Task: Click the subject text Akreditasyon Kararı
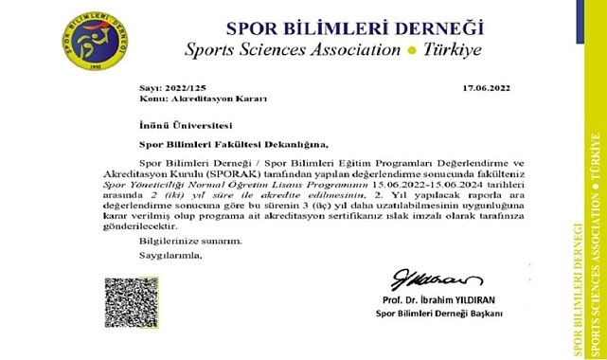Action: (x=187, y=98)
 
